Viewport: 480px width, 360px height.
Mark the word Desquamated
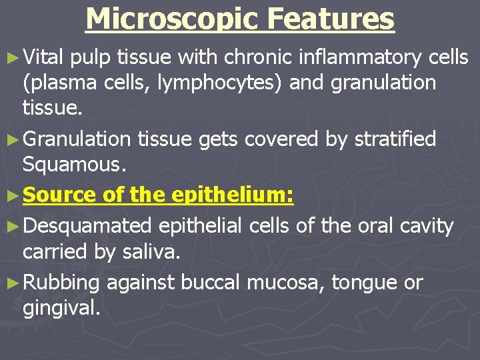87,227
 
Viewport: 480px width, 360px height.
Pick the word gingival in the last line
61,309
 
